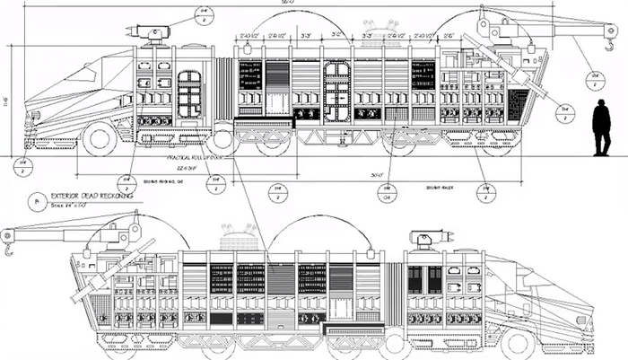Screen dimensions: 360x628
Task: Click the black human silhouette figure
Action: point(600,128)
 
